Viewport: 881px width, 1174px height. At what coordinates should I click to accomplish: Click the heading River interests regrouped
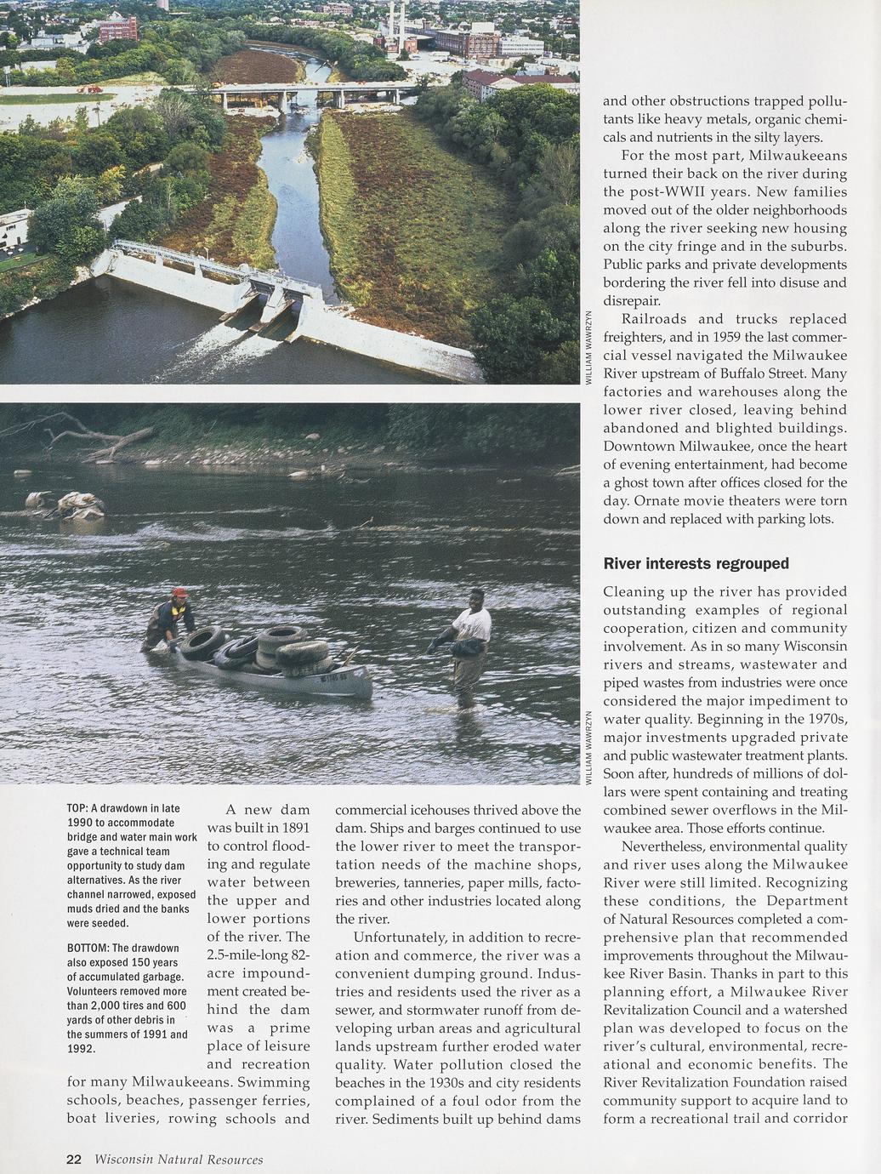[696, 563]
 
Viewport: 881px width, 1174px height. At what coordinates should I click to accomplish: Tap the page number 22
[74, 1159]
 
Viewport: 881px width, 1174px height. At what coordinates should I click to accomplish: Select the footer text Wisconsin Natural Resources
[179, 1160]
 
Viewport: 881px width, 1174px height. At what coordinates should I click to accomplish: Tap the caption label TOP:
[77, 808]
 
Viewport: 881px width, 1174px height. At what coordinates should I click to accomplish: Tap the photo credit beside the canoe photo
[588, 747]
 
